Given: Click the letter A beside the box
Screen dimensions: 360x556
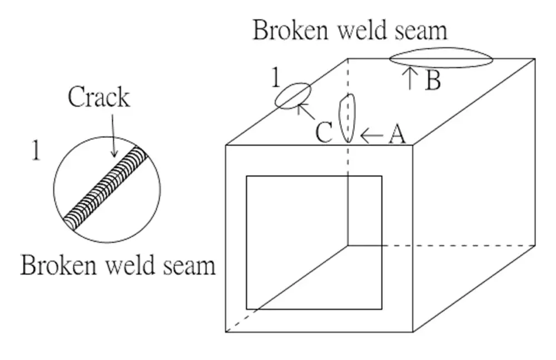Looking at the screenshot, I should [x=396, y=134].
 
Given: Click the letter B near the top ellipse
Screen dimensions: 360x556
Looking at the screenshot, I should [x=433, y=81].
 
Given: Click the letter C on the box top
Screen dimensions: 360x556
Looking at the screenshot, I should [x=324, y=133].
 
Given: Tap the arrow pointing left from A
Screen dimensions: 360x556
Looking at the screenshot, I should [x=371, y=134].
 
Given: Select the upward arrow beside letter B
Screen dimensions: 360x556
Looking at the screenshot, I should [x=410, y=78].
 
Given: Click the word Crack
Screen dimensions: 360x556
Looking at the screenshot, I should [x=98, y=98].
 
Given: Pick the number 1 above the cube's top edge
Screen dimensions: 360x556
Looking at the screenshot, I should [x=275, y=79].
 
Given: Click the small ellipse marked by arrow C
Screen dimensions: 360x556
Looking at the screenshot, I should [x=292, y=96].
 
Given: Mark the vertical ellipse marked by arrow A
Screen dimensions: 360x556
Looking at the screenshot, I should [x=347, y=118].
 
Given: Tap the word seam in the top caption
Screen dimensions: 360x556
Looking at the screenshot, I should [x=419, y=31].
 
